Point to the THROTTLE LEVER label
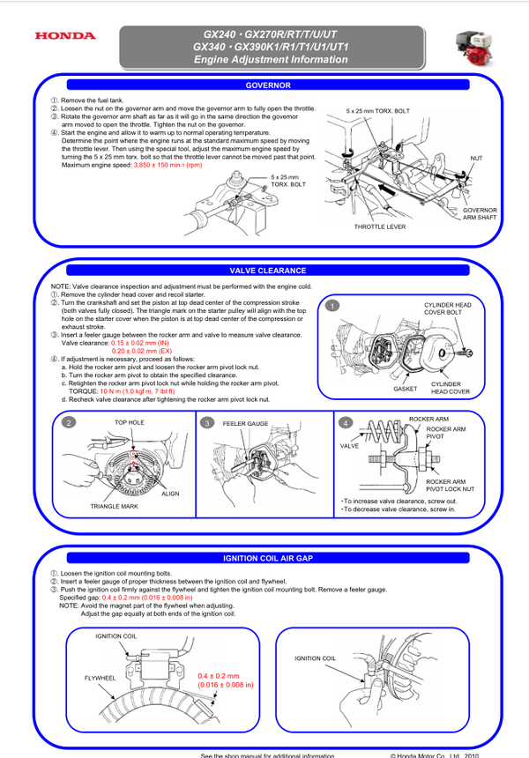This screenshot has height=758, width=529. (x=380, y=227)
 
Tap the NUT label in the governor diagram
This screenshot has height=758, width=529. (x=476, y=158)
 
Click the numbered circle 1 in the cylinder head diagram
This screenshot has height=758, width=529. (x=331, y=306)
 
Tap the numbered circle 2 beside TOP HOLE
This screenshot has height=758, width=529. (x=68, y=423)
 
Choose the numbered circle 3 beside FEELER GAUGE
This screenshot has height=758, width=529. (x=207, y=423)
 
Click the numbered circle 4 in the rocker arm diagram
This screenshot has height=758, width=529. (x=346, y=423)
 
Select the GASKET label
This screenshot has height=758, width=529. (x=405, y=388)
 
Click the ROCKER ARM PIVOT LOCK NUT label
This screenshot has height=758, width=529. (x=450, y=484)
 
